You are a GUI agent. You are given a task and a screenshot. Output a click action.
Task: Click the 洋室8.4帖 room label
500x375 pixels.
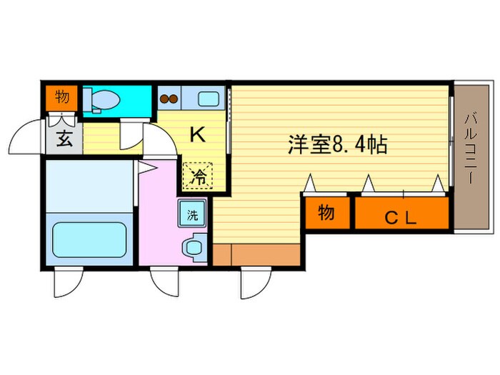coord(337,146)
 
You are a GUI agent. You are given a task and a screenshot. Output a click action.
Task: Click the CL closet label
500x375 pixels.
coord(401,217)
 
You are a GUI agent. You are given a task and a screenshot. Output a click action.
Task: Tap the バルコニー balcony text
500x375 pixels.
coord(469,150)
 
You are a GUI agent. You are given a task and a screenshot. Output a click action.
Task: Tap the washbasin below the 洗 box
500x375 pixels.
coord(193,246)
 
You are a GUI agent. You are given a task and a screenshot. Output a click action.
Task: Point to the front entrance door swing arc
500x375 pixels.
coord(32,136)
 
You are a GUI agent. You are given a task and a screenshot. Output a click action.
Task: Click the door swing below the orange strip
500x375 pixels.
coord(254,282)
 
